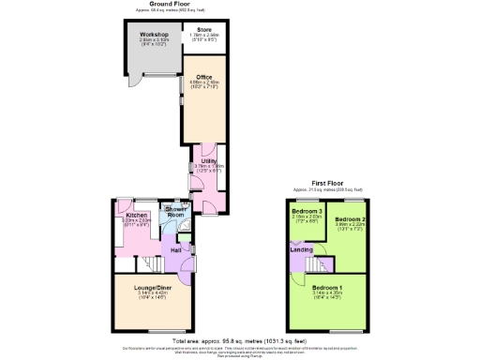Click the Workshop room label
tap(142, 34)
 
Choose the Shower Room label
tap(175, 214)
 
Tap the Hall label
tap(175, 250)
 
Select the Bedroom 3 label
tap(307, 211)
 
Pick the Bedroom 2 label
tap(349, 218)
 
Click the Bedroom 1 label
tap(327, 286)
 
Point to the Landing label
tap(302, 249)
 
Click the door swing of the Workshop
tap(136, 80)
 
